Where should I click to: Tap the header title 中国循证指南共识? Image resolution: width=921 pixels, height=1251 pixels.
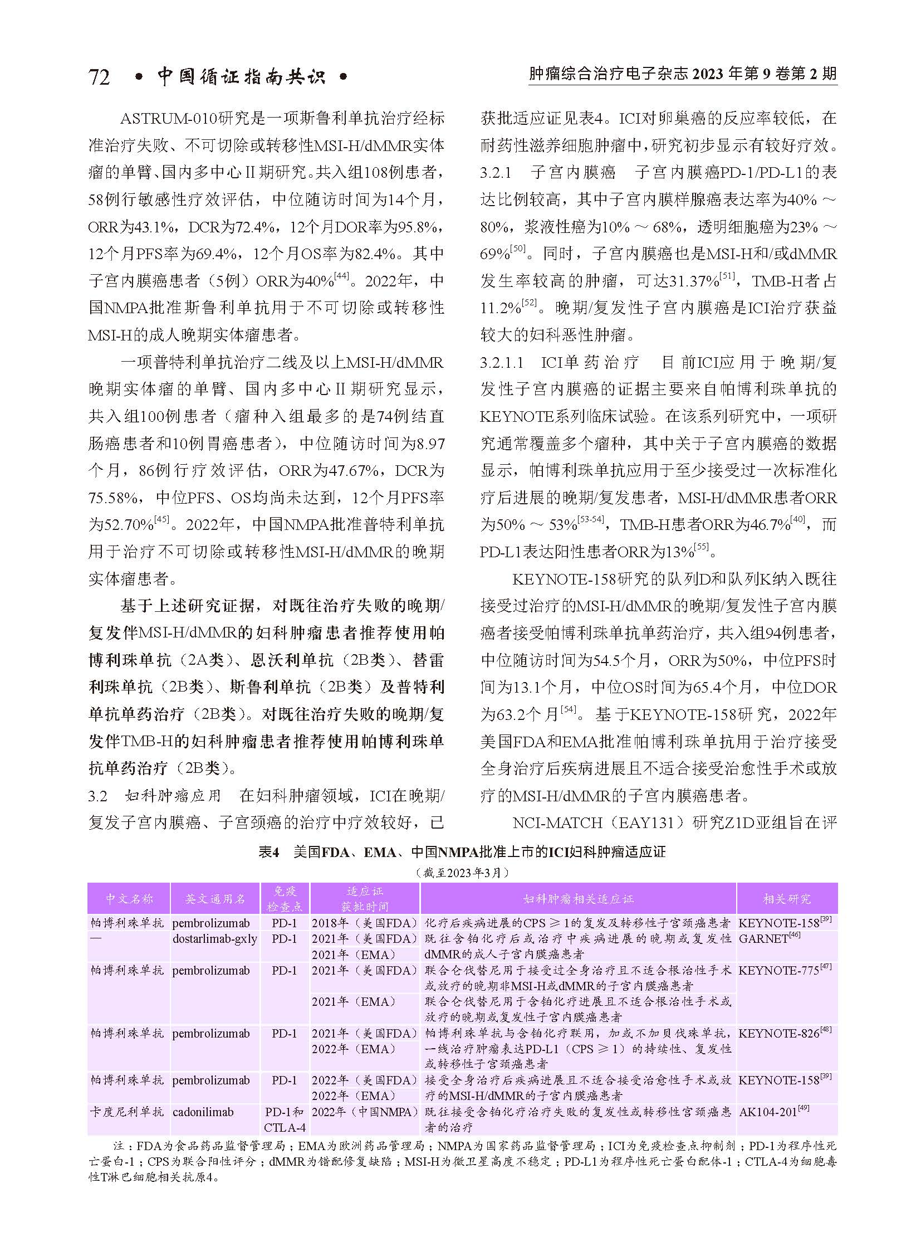click(241, 76)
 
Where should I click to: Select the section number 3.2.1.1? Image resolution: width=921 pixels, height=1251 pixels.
click(501, 363)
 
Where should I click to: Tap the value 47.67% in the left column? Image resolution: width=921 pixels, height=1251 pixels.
click(355, 471)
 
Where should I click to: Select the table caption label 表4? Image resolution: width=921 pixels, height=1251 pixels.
click(268, 852)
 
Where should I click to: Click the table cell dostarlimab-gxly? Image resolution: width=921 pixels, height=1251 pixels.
click(214, 938)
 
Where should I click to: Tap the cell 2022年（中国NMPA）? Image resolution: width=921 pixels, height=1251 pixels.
click(365, 1112)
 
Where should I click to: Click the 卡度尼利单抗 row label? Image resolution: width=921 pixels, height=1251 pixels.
click(127, 1112)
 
